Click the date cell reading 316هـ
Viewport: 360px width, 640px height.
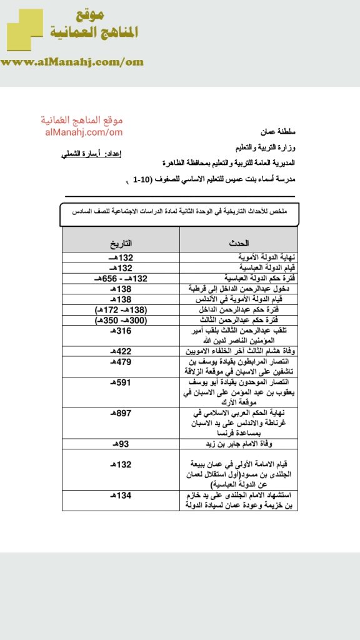[121, 331]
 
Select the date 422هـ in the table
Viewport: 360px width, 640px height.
[121, 351]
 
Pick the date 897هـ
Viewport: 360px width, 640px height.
[121, 414]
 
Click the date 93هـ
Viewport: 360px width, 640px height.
[121, 443]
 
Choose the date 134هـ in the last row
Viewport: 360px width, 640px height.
[121, 496]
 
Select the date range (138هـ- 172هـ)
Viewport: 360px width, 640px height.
[121, 310]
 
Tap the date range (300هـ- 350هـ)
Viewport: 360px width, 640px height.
[121, 320]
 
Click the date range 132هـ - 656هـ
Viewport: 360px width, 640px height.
[121, 278]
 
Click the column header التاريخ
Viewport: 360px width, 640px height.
[121, 242]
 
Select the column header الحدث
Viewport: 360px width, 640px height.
[239, 242]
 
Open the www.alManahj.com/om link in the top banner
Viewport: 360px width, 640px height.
[72, 62]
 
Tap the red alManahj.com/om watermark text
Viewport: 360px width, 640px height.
[84, 132]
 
